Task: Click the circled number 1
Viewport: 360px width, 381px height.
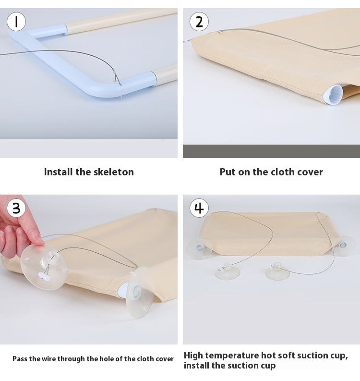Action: [x=16, y=22]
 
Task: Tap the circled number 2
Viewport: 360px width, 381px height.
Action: [x=199, y=22]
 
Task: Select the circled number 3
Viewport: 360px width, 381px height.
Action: [x=16, y=208]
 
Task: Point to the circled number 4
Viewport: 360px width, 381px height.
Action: [x=199, y=208]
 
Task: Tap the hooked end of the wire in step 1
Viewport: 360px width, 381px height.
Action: [x=117, y=79]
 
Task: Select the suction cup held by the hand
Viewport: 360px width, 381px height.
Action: [x=44, y=267]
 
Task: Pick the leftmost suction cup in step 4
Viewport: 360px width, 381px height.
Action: [x=199, y=248]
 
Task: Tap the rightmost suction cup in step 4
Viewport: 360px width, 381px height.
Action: [x=344, y=246]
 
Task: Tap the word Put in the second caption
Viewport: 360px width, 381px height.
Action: [x=228, y=172]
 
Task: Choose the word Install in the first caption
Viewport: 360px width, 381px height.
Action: [x=59, y=172]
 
